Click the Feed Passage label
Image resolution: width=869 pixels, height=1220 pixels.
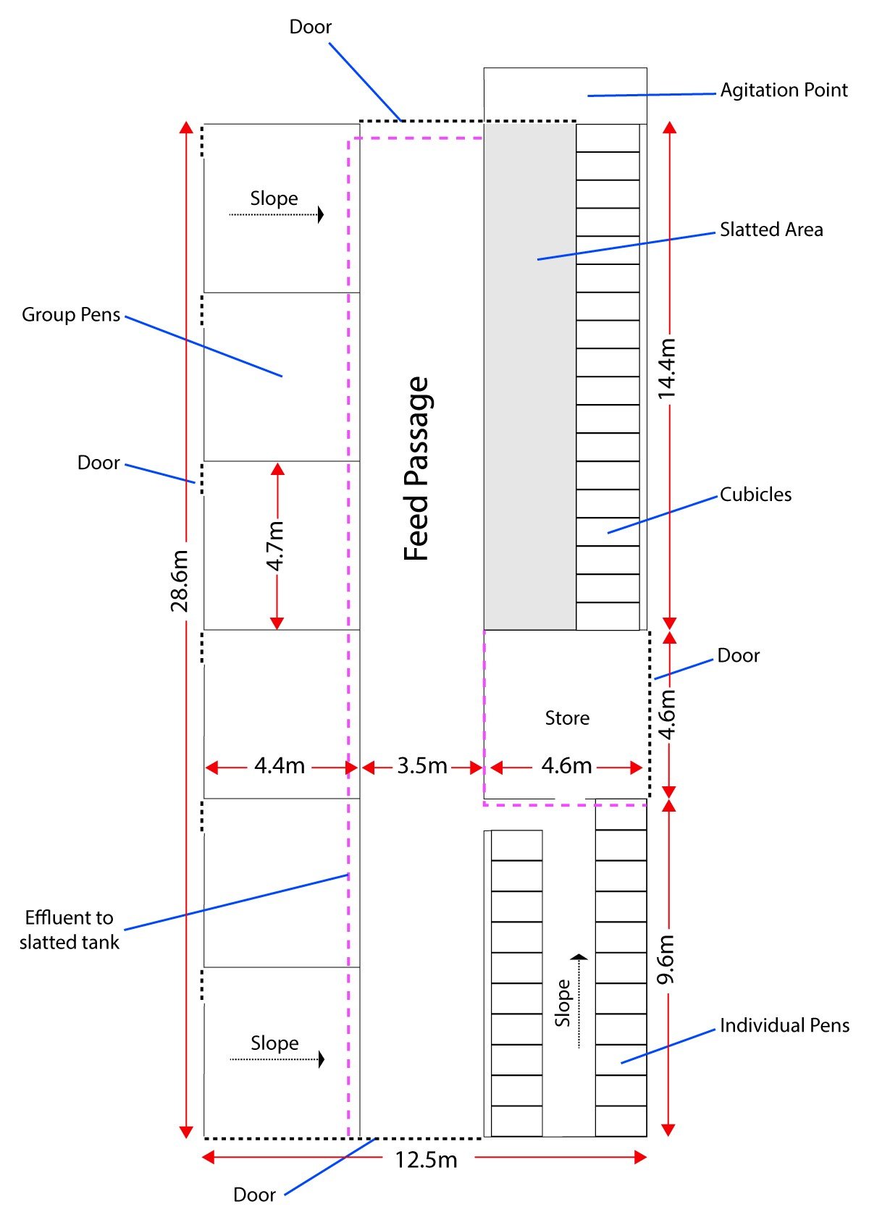tap(417, 468)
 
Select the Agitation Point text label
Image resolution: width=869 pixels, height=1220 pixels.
tap(784, 91)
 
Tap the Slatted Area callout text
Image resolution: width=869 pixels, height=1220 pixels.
tap(771, 230)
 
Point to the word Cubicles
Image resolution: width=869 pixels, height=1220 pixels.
tap(755, 495)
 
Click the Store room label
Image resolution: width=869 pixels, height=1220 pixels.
tap(567, 718)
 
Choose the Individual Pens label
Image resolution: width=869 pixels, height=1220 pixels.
tap(784, 1026)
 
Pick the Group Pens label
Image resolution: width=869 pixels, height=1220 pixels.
tap(71, 315)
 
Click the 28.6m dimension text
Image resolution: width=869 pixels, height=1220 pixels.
tap(180, 581)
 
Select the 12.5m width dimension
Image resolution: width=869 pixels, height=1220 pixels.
tap(426, 1160)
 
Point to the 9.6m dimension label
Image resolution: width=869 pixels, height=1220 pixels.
tap(666, 959)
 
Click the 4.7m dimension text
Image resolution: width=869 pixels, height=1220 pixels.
tap(276, 545)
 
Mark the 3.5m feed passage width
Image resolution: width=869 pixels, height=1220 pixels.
tap(421, 766)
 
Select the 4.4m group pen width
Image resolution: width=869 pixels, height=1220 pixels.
tap(280, 766)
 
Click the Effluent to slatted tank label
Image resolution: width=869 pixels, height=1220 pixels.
tap(70, 930)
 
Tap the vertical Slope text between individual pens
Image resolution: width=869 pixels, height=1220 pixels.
tap(563, 1003)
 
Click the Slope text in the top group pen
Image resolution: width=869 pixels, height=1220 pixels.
tap(274, 198)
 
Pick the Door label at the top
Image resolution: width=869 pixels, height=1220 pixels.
tap(310, 28)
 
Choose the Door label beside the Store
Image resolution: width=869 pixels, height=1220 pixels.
tap(738, 656)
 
